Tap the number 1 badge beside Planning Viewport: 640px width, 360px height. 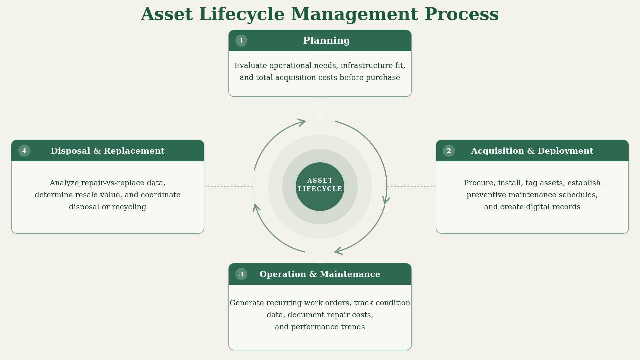click(241, 41)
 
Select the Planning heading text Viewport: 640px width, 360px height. click(326, 41)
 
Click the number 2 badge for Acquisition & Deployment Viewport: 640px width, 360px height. click(449, 151)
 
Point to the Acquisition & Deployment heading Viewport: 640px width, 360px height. click(532, 151)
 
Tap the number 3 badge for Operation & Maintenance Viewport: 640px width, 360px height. click(241, 274)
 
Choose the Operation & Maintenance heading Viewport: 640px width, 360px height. click(320, 274)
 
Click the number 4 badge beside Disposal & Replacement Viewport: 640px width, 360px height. click(24, 151)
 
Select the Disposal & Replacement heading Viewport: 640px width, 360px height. click(107, 151)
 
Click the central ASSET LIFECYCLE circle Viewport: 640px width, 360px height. click(320, 187)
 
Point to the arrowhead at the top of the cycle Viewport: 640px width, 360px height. click(302, 122)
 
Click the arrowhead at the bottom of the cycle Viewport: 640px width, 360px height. click(338, 251)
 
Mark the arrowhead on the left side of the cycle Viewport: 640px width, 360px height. click(256, 208)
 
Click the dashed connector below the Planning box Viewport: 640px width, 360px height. click(320, 108)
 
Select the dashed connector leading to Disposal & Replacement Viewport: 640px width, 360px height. click(229, 187)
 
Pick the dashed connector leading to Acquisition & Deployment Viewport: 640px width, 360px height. click(411, 187)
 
